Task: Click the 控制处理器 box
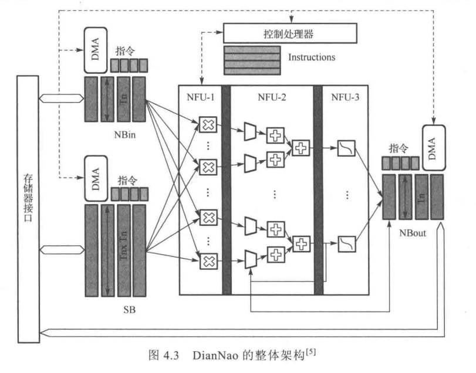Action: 289,34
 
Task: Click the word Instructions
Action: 312,57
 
